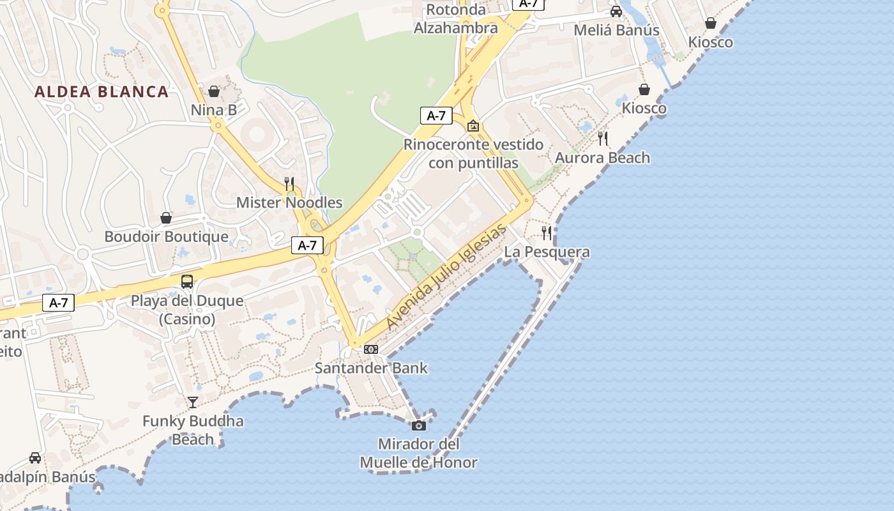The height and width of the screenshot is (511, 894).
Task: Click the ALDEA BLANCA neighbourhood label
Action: tap(102, 91)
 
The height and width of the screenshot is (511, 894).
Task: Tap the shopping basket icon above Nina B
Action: tap(214, 91)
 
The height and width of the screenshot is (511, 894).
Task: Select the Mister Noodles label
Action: tap(289, 202)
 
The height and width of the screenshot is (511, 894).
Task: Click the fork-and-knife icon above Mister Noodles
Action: tap(289, 183)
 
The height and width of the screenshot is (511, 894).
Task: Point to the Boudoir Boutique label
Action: tap(166, 236)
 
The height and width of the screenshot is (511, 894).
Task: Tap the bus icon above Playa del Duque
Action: tap(187, 281)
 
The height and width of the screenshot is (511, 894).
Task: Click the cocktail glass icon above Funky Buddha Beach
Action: tap(193, 402)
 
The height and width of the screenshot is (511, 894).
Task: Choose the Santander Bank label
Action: tap(371, 368)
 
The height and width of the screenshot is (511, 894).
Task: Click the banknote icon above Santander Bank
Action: tap(371, 349)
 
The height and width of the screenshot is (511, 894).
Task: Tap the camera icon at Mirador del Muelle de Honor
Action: tap(419, 425)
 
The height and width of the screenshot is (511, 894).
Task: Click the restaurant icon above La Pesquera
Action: tap(547, 233)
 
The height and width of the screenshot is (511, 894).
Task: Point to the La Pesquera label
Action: tap(547, 252)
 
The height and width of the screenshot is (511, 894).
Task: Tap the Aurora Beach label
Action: tap(602, 158)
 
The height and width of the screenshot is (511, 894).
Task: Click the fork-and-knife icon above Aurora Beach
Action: tap(602, 138)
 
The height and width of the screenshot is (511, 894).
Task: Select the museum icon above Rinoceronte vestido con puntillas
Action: tap(473, 126)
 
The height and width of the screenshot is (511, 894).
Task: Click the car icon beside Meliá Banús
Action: tap(616, 11)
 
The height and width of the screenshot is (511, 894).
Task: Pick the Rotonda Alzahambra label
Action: tap(456, 19)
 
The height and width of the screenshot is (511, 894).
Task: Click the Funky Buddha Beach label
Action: tap(193, 430)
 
